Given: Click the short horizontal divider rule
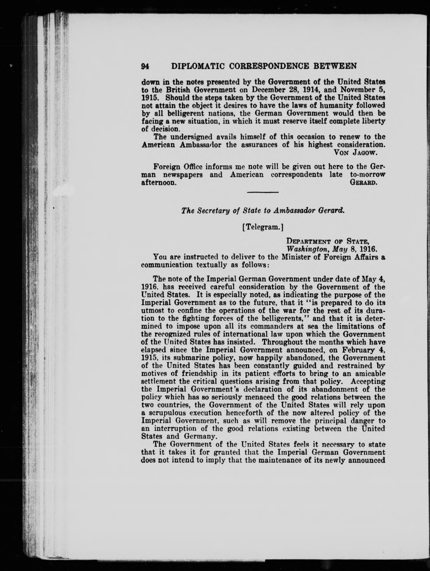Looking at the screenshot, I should click(x=263, y=192).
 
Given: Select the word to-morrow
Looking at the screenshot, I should click(x=367, y=175).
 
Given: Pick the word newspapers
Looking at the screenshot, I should click(x=183, y=175).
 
